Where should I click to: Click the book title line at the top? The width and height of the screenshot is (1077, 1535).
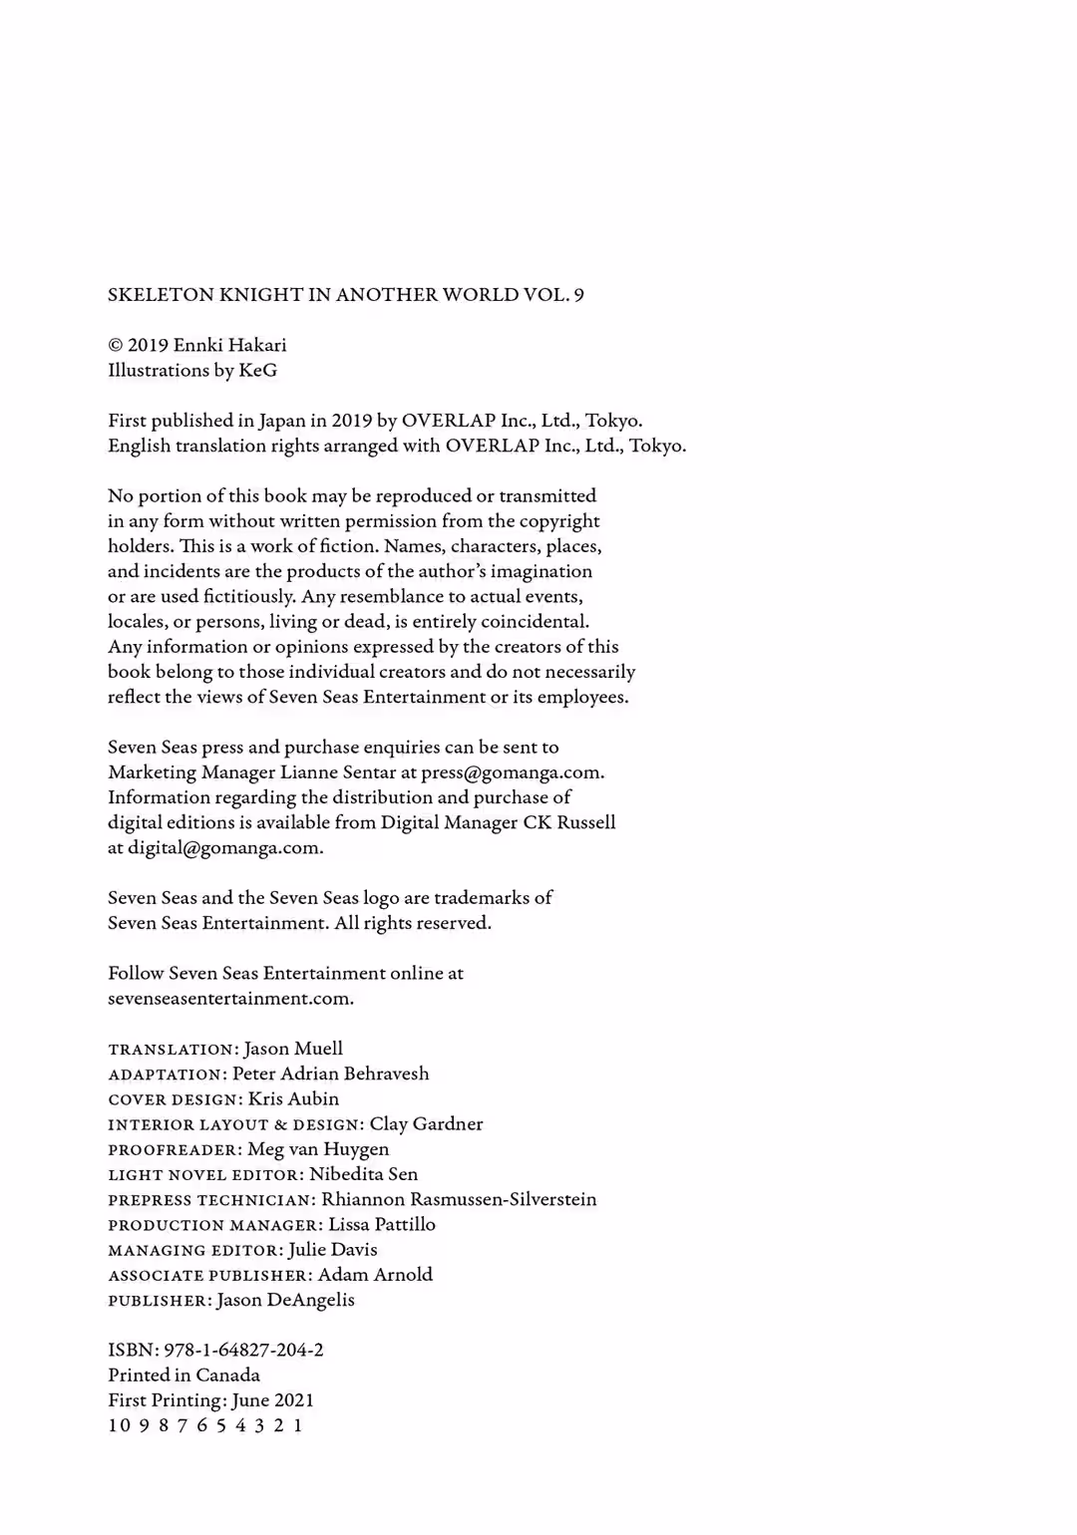(x=346, y=295)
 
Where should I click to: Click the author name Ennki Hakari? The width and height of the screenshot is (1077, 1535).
(x=229, y=345)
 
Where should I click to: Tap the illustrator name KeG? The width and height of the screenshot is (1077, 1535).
(x=258, y=371)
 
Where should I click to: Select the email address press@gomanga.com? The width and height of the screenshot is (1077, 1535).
(x=512, y=772)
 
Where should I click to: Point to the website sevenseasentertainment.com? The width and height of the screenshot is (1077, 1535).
(x=230, y=998)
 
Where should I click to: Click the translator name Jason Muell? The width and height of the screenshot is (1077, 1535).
(x=293, y=1049)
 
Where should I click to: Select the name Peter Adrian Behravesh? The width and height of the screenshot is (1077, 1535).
(x=330, y=1074)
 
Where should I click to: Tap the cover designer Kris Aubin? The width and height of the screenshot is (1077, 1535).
(x=293, y=1098)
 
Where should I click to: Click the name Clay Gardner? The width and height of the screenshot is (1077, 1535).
(x=426, y=1124)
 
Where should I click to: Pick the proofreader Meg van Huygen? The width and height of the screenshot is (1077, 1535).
(x=318, y=1149)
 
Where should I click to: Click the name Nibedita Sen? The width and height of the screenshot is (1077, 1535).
(x=363, y=1174)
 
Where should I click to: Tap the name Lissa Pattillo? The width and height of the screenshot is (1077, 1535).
(x=382, y=1224)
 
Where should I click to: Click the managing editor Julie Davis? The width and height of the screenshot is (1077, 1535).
(x=333, y=1250)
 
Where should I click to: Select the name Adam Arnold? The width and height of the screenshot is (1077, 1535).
(x=375, y=1275)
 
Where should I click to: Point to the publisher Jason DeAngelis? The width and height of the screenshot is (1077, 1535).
(x=285, y=1300)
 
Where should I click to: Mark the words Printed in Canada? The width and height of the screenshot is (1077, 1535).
(x=183, y=1376)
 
